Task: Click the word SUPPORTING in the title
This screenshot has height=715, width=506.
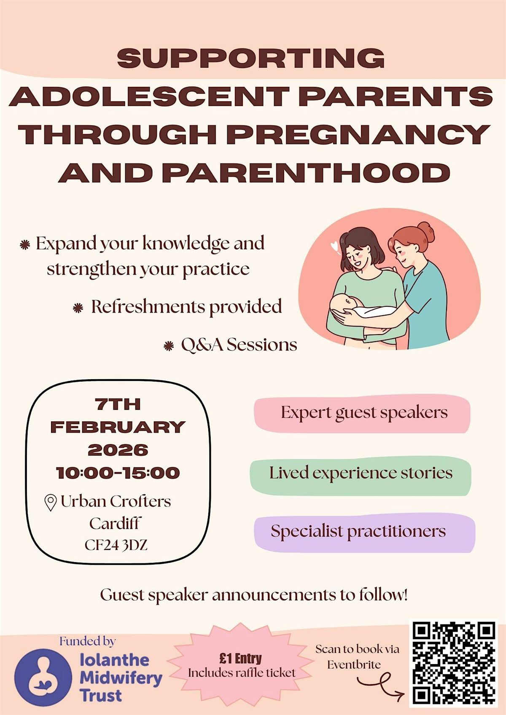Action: point(251,58)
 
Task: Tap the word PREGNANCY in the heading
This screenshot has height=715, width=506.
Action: point(359,134)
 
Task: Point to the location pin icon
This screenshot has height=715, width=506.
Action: point(51,502)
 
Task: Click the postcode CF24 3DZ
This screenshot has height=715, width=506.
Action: point(116,545)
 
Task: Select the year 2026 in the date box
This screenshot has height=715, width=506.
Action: point(118,450)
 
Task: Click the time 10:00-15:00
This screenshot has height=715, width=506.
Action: point(118,473)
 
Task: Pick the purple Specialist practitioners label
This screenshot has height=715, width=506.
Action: point(364,532)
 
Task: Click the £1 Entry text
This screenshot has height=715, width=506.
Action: point(240,658)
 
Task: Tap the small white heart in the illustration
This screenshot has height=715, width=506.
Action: point(334,246)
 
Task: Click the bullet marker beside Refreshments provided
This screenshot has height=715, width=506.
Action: point(78,308)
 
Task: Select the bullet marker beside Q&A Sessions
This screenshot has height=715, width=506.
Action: point(169,346)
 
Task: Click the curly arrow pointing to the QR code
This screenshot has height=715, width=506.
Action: point(380,685)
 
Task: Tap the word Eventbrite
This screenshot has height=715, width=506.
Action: point(354,664)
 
